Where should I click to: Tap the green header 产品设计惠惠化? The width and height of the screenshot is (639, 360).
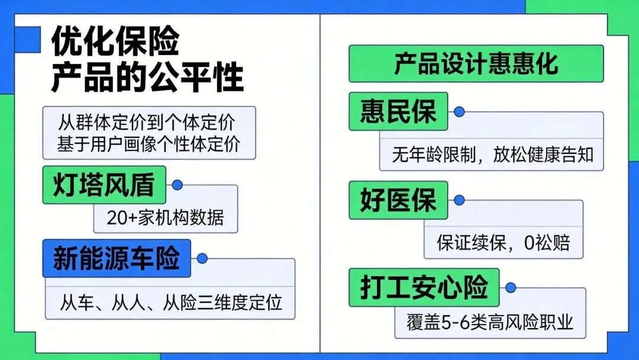click(476, 64)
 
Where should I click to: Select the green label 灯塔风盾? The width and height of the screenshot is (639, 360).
click(104, 185)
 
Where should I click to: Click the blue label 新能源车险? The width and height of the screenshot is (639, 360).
click(117, 259)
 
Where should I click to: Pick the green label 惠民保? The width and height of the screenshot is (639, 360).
click(398, 111)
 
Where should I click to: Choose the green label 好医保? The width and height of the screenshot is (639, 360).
click(398, 200)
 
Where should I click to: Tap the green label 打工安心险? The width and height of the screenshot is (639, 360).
click(424, 288)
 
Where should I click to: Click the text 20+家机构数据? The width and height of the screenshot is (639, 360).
click(166, 217)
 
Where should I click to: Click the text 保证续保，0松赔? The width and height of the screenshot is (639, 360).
click(504, 243)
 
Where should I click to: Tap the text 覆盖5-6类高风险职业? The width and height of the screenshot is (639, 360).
click(490, 323)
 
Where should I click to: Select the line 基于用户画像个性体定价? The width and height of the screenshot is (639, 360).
click(149, 144)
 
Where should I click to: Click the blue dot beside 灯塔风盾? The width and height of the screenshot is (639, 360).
click(176, 185)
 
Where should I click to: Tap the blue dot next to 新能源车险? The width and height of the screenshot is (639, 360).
click(202, 258)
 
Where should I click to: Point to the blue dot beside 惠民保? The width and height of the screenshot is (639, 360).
click(459, 111)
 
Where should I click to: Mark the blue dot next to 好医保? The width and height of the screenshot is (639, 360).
click(459, 200)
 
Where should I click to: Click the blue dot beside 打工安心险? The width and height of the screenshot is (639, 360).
click(510, 287)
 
